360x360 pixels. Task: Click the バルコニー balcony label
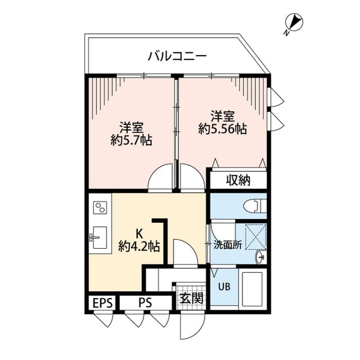pyautogui.click(x=177, y=56)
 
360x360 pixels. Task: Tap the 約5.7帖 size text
pyautogui.click(x=133, y=141)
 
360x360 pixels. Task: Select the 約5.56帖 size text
pyautogui.click(x=222, y=129)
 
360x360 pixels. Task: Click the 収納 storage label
pyautogui.click(x=238, y=181)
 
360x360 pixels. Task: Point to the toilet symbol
pyautogui.click(x=255, y=205)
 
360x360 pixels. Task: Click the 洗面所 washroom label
pyautogui.click(x=227, y=245)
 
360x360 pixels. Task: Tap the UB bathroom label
pyautogui.click(x=223, y=285)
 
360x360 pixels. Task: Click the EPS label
pyautogui.click(x=102, y=303)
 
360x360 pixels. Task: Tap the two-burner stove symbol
pyautogui.click(x=100, y=209)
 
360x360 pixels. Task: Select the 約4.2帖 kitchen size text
pyautogui.click(x=138, y=246)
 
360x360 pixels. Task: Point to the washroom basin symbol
pyautogui.click(x=259, y=256)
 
